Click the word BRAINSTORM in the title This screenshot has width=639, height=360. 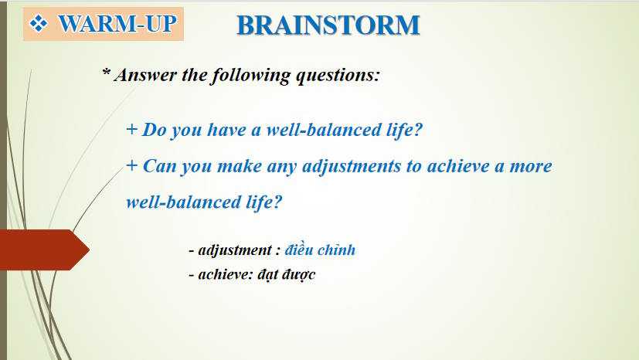pos(328,25)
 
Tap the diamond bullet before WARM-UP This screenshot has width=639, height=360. pos(39,23)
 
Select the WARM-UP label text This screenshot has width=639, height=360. pos(117,23)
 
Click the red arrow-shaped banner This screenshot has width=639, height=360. pos(44,250)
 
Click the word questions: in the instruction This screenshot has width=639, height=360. pos(338,76)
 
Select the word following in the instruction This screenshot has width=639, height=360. pos(251,76)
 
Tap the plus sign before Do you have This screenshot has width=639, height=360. pos(131,130)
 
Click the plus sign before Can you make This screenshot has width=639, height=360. pos(132,166)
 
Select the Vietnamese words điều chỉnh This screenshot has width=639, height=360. pos(320,250)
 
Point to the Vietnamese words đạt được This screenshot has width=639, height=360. pos(287,274)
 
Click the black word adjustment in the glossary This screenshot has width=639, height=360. pos(235,250)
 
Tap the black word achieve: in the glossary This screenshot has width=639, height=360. pos(226,274)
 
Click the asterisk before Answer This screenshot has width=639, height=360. pos(107,73)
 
